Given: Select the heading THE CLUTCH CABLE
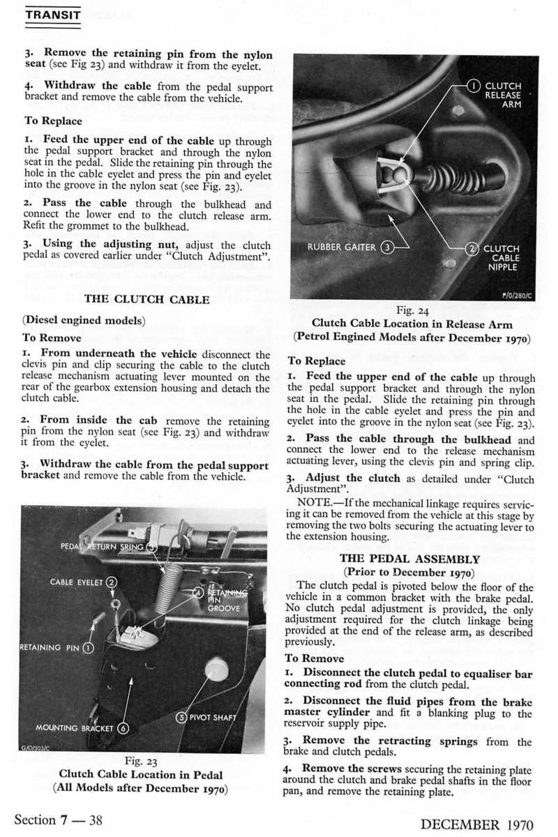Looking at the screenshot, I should point(146,300).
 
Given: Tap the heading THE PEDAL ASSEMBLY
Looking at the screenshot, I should point(410,559).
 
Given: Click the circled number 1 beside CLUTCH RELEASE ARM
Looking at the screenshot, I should point(474,86).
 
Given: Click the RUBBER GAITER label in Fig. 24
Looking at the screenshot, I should point(344,246).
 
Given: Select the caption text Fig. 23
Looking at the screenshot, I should point(142,760).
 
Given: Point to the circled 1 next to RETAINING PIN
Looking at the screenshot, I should point(89,647).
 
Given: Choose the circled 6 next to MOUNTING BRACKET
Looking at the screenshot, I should point(123,728).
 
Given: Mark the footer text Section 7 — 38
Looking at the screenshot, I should point(59,820).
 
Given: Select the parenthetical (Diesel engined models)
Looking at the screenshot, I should point(84,321).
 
